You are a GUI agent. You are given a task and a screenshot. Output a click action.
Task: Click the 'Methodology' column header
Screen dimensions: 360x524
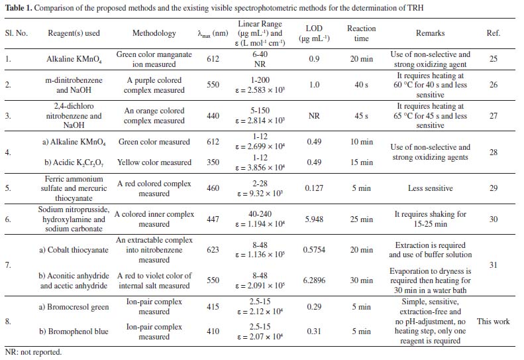click(x=154, y=33)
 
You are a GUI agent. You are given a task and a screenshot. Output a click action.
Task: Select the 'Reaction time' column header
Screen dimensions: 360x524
click(x=361, y=33)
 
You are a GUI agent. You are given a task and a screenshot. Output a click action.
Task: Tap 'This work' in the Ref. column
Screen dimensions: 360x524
click(x=493, y=322)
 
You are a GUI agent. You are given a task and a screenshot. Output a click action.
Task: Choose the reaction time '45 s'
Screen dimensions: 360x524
click(x=361, y=116)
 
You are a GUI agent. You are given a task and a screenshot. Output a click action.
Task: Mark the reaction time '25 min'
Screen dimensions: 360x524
click(x=361, y=219)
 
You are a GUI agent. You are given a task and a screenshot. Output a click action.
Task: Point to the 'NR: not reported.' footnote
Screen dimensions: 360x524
click(x=33, y=352)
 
